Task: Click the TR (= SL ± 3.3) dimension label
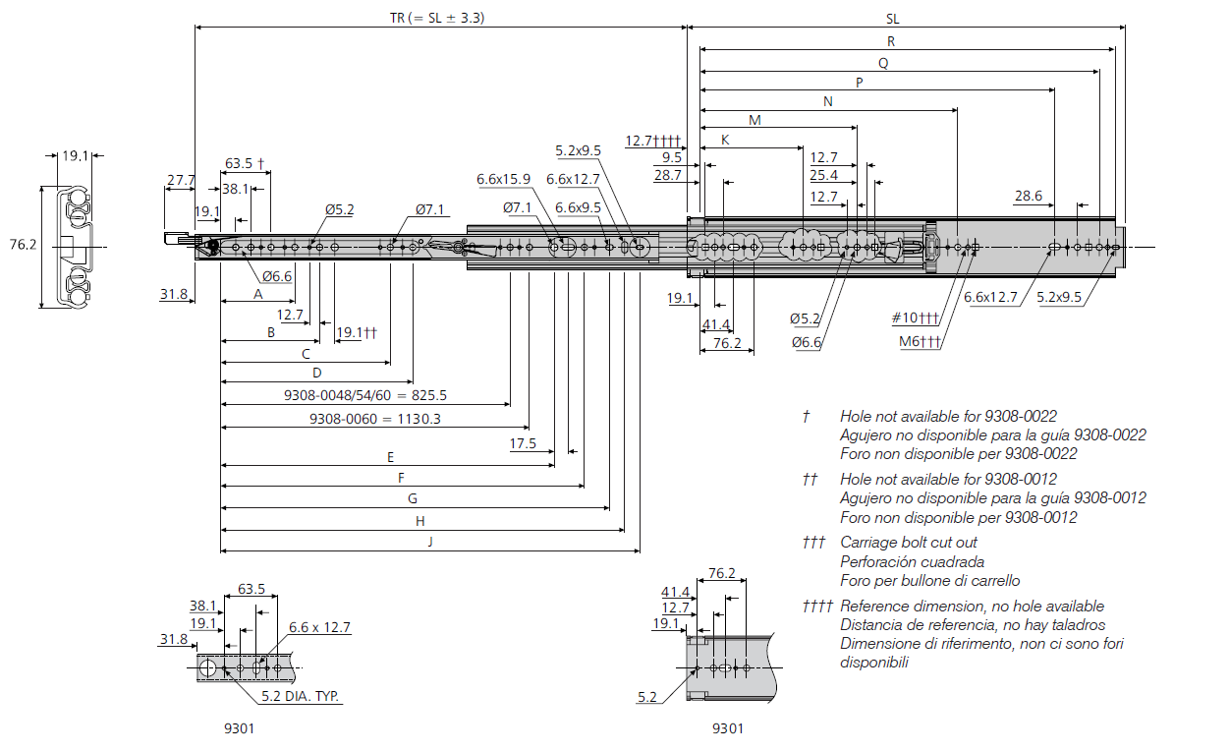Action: [437, 18]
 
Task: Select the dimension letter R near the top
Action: [891, 41]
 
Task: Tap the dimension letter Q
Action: [883, 64]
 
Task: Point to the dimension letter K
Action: [725, 140]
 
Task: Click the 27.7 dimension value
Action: [181, 180]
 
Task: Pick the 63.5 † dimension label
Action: [245, 163]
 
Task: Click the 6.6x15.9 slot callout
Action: [503, 179]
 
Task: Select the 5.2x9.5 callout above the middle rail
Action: [578, 150]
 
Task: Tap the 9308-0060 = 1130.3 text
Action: [374, 419]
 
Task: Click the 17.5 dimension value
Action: [523, 443]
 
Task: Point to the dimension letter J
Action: [430, 542]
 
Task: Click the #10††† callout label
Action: [916, 318]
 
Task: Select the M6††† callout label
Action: [920, 341]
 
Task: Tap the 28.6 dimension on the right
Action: [1029, 196]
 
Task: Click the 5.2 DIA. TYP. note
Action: [300, 696]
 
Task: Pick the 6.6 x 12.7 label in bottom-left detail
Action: [319, 627]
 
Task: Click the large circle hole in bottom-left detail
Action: [207, 668]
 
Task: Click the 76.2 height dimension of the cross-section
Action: [23, 244]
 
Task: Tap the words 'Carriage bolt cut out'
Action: [909, 543]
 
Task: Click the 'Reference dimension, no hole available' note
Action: [973, 606]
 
